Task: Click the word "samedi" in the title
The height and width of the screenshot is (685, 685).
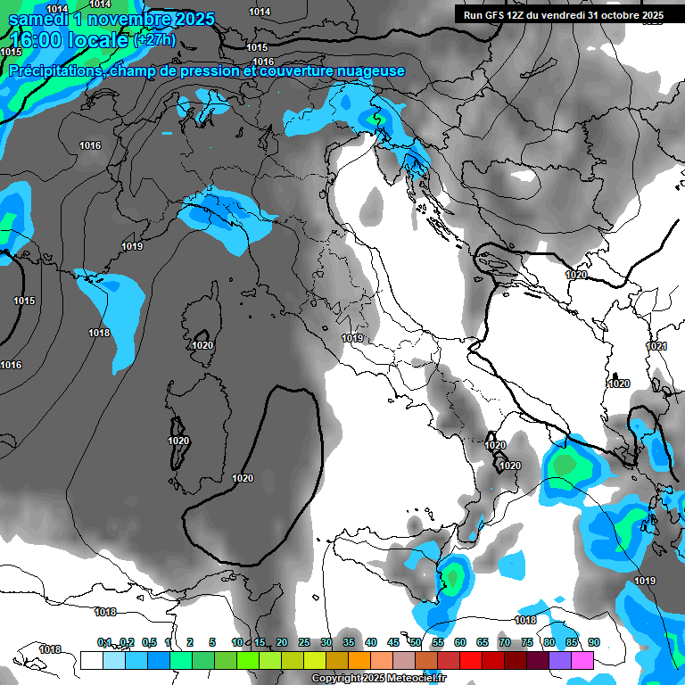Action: pyautogui.click(x=36, y=18)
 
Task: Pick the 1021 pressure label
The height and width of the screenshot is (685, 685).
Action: pyautogui.click(x=656, y=346)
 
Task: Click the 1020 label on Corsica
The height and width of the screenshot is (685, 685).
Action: pyautogui.click(x=202, y=345)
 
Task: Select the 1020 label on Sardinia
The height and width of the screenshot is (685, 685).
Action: pyautogui.click(x=178, y=441)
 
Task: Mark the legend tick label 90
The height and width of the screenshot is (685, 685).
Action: pyautogui.click(x=593, y=642)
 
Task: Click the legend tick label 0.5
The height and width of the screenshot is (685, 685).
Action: pyautogui.click(x=148, y=642)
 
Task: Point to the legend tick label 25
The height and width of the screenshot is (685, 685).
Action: pyautogui.click(x=303, y=642)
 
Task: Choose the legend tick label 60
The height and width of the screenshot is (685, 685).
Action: pyautogui.click(x=459, y=642)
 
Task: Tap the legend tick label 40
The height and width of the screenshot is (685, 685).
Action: pyautogui.click(x=370, y=642)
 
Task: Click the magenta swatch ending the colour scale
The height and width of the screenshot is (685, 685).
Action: pyautogui.click(x=582, y=660)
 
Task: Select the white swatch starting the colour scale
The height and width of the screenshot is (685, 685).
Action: pyautogui.click(x=91, y=660)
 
